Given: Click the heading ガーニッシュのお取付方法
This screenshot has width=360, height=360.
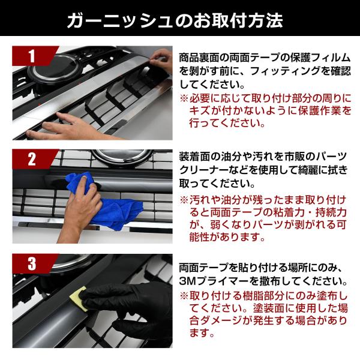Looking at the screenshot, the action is click(x=175, y=21).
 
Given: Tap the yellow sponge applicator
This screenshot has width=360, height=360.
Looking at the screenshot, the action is click(x=78, y=298).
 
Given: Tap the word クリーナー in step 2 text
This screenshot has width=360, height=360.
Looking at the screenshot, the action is click(x=204, y=170).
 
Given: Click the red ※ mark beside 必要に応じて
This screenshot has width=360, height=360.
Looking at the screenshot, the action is click(x=184, y=99).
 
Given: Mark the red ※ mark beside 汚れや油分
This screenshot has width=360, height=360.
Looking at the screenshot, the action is click(x=184, y=200).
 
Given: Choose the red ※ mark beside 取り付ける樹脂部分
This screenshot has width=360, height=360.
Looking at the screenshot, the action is click(x=184, y=296).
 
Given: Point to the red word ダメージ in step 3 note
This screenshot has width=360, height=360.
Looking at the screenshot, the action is click(x=216, y=321).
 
